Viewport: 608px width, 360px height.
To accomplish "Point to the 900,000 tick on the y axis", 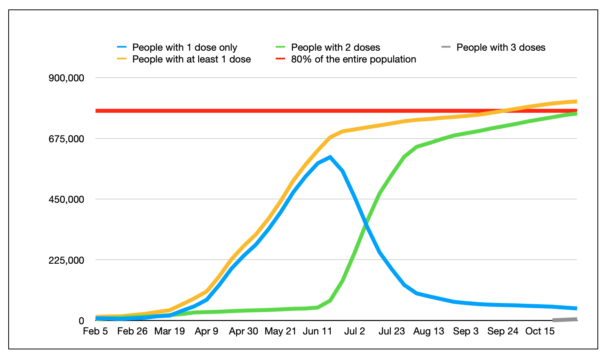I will tap(66, 78).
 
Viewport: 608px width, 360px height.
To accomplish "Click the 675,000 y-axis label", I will tap(66, 139).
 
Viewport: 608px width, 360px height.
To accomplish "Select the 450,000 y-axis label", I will tap(66, 199).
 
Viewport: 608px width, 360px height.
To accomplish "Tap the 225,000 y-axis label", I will tap(66, 260).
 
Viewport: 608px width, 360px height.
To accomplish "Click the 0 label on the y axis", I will tap(81, 321).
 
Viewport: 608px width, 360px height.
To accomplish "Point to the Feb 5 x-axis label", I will tap(95, 331).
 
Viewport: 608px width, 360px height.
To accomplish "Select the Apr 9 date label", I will tap(206, 331).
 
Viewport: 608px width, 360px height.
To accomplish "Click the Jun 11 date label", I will tap(317, 331).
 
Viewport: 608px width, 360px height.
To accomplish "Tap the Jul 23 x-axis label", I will tap(391, 331).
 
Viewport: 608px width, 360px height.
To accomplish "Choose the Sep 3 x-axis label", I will tap(465, 331).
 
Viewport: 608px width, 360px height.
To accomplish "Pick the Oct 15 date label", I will tap(540, 331).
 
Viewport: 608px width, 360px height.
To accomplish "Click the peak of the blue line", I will tap(330, 157).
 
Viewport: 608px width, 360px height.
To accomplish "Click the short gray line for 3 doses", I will tap(565, 320).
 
